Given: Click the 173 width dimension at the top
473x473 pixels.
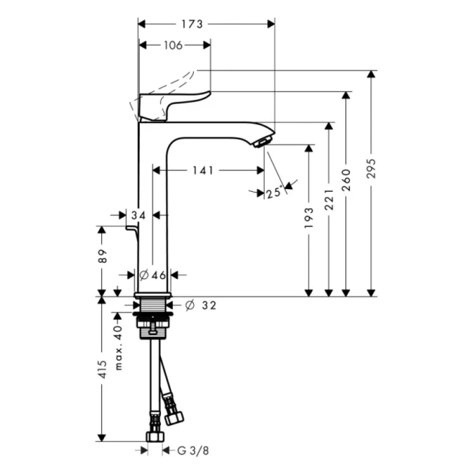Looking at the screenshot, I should tap(193, 24).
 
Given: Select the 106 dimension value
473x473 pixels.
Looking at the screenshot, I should tap(174, 45).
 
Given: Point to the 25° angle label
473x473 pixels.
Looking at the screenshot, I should tap(274, 193).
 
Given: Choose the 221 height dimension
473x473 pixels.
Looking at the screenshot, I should tap(329, 201).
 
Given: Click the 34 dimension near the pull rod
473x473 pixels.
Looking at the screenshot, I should tap(139, 216).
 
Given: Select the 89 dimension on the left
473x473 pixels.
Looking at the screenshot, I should tap(102, 257).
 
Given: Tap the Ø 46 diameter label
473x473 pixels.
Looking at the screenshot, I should tap(153, 275).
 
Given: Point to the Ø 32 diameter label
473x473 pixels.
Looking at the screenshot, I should tap(200, 305).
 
